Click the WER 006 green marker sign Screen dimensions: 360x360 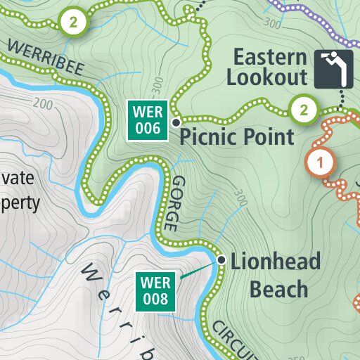point(147,120)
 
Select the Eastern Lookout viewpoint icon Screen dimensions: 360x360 point(333,69)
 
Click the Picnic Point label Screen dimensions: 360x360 point(237,136)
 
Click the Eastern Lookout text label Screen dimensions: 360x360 point(271,67)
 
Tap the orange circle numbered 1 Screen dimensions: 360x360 point(320,163)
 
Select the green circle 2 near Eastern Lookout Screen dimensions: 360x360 point(303,110)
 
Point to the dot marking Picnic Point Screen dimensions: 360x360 point(175,121)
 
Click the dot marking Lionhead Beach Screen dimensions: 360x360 point(221,260)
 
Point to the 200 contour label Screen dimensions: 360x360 point(42,105)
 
